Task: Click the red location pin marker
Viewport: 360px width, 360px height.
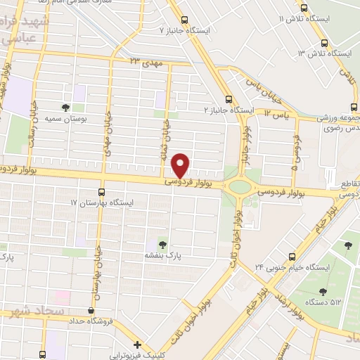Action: coord(181,164)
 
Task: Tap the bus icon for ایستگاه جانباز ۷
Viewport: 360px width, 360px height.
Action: coord(185,20)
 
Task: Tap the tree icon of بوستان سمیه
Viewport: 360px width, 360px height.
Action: coord(65,108)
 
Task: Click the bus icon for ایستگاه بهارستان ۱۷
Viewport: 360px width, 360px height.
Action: coord(102,192)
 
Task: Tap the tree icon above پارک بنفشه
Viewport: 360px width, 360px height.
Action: coord(163,245)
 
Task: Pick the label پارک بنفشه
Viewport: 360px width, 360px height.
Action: coord(165,257)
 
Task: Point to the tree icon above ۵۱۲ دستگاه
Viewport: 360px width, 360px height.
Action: coord(323,291)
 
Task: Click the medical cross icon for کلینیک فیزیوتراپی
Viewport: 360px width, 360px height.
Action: coord(138,345)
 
